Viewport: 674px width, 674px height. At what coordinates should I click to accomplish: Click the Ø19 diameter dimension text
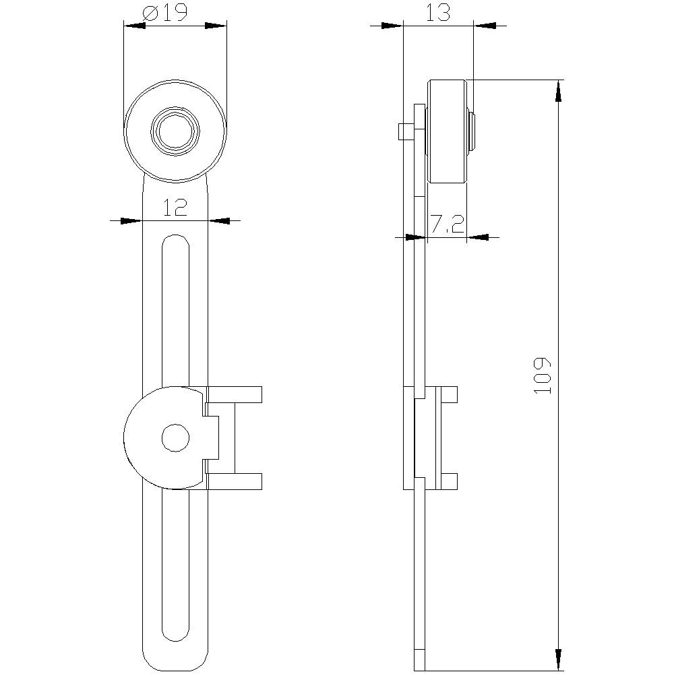tap(165, 13)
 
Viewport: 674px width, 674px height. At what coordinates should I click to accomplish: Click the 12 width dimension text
tap(175, 207)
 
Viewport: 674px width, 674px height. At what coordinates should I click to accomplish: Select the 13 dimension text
tap(438, 13)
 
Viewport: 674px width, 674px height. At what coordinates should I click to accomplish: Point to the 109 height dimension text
tap(543, 375)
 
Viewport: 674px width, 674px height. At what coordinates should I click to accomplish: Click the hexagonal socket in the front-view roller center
tap(175, 131)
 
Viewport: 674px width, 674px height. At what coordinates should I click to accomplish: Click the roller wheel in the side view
tap(447, 131)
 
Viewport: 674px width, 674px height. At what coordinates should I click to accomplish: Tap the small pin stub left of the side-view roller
tap(405, 131)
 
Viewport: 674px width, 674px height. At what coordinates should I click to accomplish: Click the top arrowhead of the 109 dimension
tap(558, 90)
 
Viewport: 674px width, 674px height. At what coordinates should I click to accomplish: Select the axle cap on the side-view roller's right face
tap(470, 131)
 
